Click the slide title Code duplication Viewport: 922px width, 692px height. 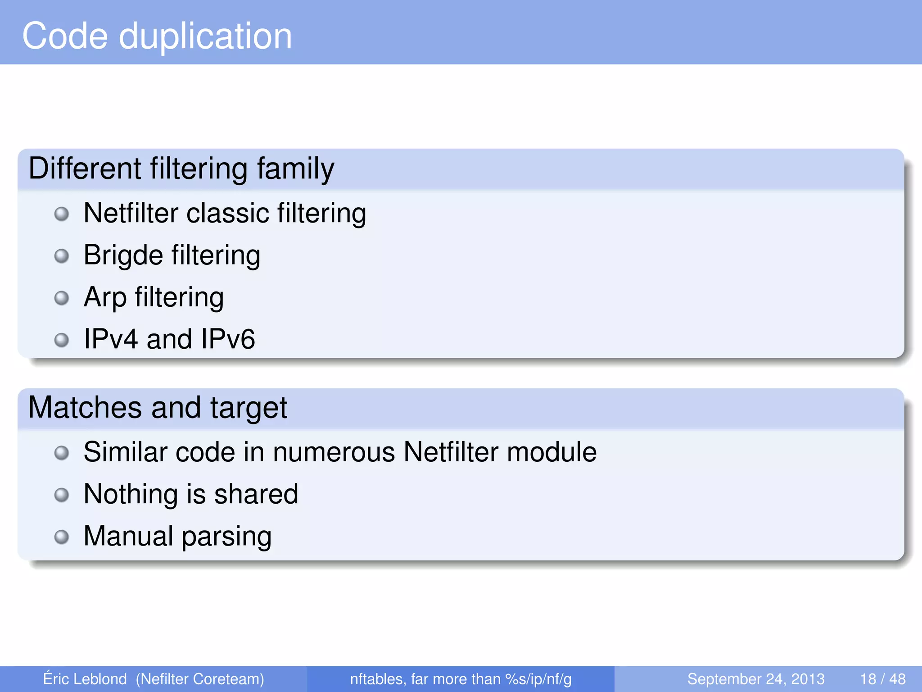click(157, 36)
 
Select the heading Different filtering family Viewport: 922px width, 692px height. click(181, 168)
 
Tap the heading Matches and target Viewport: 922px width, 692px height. click(158, 408)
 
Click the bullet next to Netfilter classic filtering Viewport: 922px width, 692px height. click(62, 214)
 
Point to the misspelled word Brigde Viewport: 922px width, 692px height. click(123, 255)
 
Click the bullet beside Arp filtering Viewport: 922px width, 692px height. click(62, 298)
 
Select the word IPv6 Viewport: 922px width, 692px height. click(228, 339)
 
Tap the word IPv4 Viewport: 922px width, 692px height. click(111, 339)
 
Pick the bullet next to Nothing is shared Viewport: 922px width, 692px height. click(62, 495)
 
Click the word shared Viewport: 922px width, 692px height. click(256, 494)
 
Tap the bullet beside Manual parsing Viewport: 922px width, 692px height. click(62, 537)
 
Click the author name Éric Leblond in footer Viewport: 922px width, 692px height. click(85, 679)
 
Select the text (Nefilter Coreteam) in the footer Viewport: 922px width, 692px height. click(200, 679)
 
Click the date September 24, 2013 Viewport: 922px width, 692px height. click(755, 679)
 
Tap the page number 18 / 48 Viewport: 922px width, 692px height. click(882, 679)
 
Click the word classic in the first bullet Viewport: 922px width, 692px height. click(227, 213)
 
